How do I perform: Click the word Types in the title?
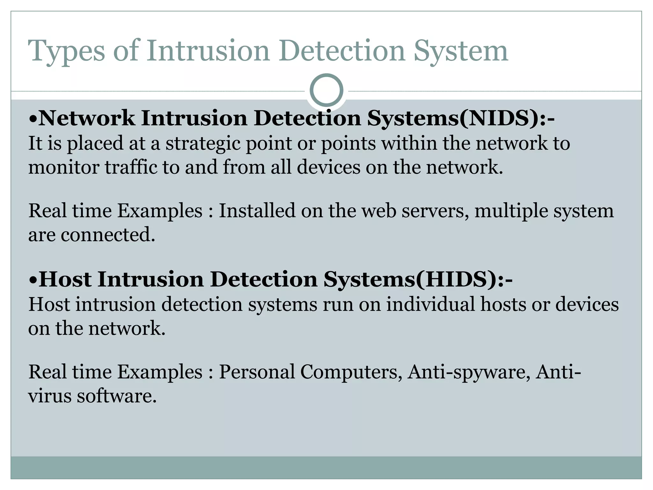coord(66,51)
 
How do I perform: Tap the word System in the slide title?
coord(460,51)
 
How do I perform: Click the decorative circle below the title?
coord(326,90)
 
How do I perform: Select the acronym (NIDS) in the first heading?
coord(499,118)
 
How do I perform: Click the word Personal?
coord(257,372)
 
